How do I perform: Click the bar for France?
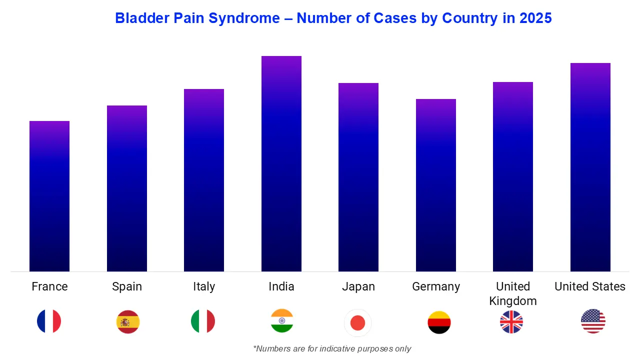pyautogui.click(x=49, y=196)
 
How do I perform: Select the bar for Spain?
pyautogui.click(x=127, y=188)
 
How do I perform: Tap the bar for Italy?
pyautogui.click(x=204, y=180)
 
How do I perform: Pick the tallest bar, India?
pyautogui.click(x=281, y=163)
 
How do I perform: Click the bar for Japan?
pyautogui.click(x=358, y=177)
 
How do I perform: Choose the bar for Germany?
pyautogui.click(x=436, y=185)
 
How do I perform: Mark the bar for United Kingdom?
pyautogui.click(x=513, y=176)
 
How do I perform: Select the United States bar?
pyautogui.click(x=590, y=167)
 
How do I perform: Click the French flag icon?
pyautogui.click(x=49, y=321)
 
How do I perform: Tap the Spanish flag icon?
pyautogui.click(x=128, y=321)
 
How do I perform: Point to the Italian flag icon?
pyautogui.click(x=203, y=321)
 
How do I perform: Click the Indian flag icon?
pyautogui.click(x=282, y=320)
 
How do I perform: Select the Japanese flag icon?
pyautogui.click(x=358, y=323)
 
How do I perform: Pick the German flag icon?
pyautogui.click(x=439, y=322)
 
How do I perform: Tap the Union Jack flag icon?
pyautogui.click(x=511, y=321)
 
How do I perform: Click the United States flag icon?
pyautogui.click(x=593, y=321)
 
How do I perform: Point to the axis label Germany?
pyautogui.click(x=436, y=286)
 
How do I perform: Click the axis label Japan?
pyautogui.click(x=358, y=286)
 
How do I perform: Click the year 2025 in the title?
pyautogui.click(x=535, y=18)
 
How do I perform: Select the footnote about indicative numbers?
pyautogui.click(x=332, y=348)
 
